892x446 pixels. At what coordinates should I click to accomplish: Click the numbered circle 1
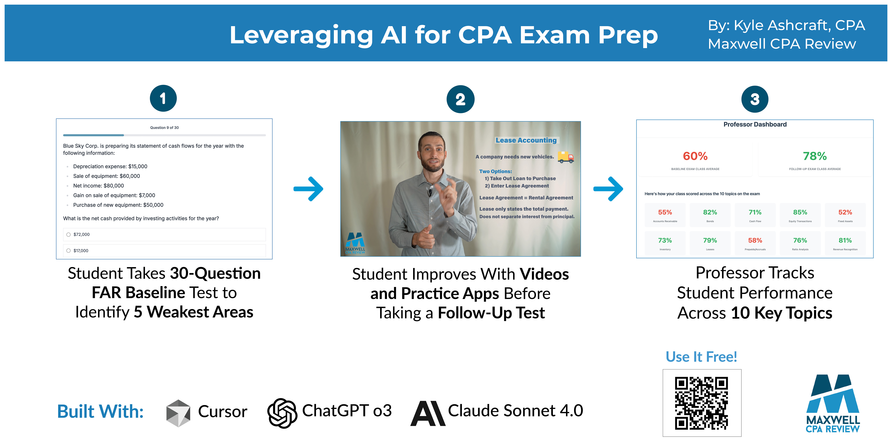coord(163,98)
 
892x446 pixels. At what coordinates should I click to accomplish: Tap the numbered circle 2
coord(461,99)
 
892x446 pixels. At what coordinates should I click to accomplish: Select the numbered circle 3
coord(755,99)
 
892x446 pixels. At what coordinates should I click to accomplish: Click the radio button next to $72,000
coord(69,234)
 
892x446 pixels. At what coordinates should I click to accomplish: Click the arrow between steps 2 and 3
coord(608,189)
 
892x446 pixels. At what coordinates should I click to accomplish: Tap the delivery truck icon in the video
coord(566,157)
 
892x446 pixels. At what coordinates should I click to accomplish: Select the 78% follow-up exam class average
coord(815,156)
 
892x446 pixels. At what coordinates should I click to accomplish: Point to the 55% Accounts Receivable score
coord(665,212)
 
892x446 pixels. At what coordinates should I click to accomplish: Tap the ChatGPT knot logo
coord(282,413)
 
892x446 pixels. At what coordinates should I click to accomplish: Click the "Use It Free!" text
coord(701,357)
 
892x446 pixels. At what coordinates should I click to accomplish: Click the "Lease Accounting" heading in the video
coord(526,140)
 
